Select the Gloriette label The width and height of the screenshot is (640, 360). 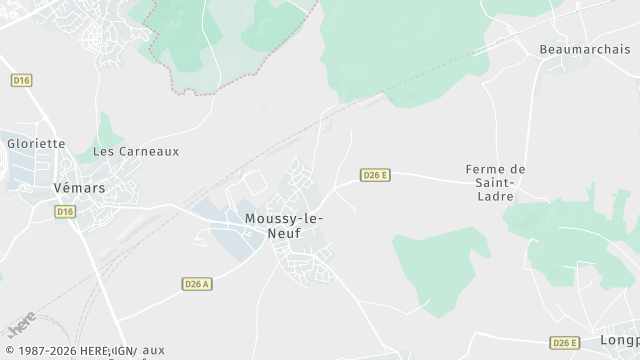coord(36,144)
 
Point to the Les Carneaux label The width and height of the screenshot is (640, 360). coord(136,152)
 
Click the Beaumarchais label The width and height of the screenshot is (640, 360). coord(585,49)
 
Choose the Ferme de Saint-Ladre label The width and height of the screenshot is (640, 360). coord(495,183)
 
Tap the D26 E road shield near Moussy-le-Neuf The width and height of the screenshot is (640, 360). coord(375,175)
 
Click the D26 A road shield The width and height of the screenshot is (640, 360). coord(198,284)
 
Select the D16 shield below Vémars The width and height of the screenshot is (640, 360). coord(66,211)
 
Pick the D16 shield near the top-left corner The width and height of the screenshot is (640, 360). coord(21,78)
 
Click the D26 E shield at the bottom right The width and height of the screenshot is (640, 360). coord(565,343)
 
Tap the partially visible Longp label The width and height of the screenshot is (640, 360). coord(619,341)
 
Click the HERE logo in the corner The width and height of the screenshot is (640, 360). coord(19,327)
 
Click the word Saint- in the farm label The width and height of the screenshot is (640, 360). coord(495,183)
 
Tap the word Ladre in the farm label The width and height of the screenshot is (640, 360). coord(496,197)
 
